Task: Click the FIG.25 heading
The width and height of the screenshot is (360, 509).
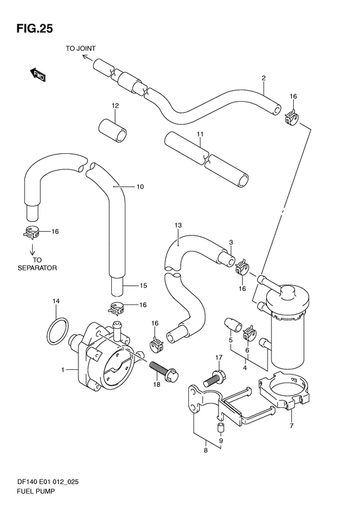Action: pos(34,29)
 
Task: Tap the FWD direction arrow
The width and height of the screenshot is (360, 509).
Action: pos(38,75)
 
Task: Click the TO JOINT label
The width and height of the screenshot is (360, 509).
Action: pos(81,48)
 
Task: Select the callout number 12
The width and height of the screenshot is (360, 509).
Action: pos(115,106)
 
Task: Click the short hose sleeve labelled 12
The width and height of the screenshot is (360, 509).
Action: pos(113,130)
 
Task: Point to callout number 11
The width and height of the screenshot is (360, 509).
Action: pos(200,134)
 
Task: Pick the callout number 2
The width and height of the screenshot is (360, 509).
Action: pos(264,78)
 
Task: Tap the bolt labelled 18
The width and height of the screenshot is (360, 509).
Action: pos(164,370)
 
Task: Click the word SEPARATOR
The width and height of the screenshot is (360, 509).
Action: pos(37,268)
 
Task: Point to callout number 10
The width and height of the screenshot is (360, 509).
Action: pos(140,187)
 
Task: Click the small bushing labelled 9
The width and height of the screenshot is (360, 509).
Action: pos(221,428)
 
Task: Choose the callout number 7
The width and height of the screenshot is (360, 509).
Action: pos(291,425)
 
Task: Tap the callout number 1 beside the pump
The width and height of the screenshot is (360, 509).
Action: pos(63,369)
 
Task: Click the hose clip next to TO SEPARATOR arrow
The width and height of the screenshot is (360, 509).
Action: pos(31,232)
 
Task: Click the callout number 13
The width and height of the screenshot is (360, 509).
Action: pos(177,225)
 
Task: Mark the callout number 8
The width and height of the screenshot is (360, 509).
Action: pos(206,450)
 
